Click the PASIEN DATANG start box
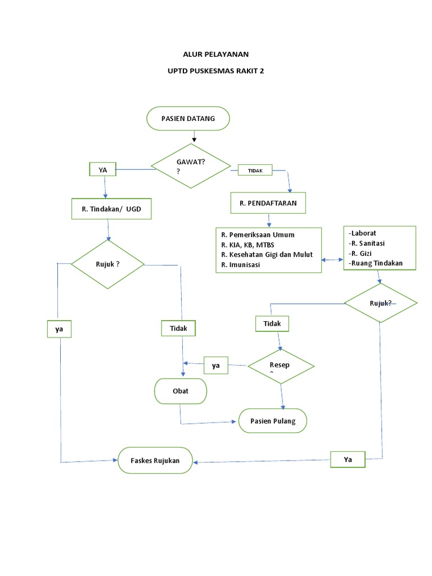coord(188,119)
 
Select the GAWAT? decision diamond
coord(191,166)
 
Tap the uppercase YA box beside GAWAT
coord(102,169)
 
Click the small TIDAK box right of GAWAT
coord(255,170)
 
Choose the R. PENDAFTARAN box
coord(268,203)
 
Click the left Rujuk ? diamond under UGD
coord(107,264)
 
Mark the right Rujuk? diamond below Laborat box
coord(381,303)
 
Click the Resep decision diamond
coord(281,367)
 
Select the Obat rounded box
coord(181,391)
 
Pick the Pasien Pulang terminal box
coord(273,421)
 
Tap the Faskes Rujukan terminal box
coord(155,461)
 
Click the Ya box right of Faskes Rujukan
coord(348,460)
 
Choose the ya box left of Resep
coord(215,366)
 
